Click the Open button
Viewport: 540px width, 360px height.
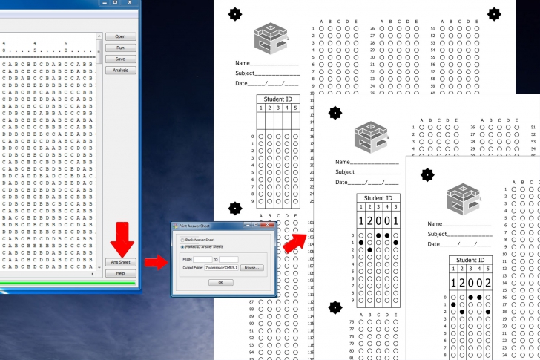point(120,36)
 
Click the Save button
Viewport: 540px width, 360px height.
point(120,59)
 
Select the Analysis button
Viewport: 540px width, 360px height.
point(120,71)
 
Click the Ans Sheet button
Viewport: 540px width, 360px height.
point(120,262)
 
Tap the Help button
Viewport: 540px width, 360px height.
point(120,273)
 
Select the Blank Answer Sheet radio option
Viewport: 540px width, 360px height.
point(182,240)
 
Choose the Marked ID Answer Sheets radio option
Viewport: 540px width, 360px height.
point(182,247)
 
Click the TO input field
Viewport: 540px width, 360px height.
point(228,259)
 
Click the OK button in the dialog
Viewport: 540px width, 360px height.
point(220,282)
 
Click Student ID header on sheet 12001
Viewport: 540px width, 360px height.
point(378,198)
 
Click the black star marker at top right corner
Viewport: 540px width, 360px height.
point(494,13)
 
